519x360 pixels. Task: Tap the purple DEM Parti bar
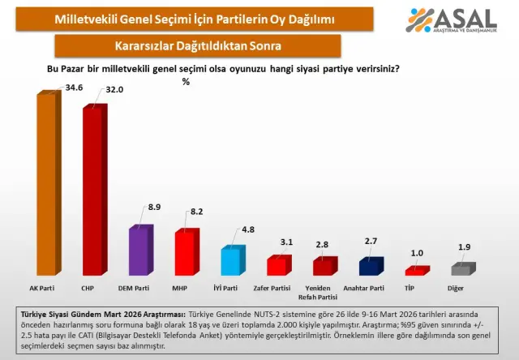click(x=139, y=251)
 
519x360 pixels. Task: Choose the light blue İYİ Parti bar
click(x=231, y=261)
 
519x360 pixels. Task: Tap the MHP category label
click(x=186, y=288)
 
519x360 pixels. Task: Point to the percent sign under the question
click(x=186, y=81)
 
